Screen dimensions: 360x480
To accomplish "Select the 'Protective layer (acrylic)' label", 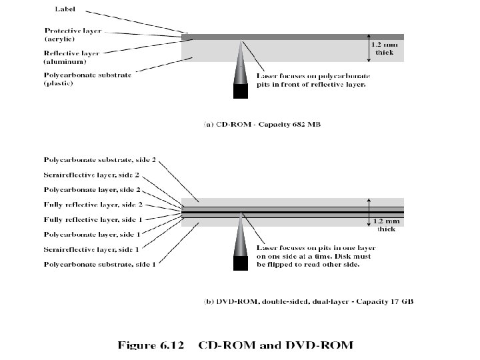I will click(x=73, y=35).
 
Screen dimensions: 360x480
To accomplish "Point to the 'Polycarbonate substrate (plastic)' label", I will click(x=87, y=79).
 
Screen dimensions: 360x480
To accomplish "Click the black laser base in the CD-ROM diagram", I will click(x=241, y=91).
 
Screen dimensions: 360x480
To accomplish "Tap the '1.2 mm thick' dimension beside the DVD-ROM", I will click(x=386, y=224).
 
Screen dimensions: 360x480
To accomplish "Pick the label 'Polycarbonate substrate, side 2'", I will click(x=99, y=160).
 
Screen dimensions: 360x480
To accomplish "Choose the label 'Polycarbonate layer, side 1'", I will click(x=91, y=235).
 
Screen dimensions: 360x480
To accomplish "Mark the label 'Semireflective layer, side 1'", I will click(x=91, y=249).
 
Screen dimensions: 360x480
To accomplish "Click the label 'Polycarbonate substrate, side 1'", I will click(x=99, y=264).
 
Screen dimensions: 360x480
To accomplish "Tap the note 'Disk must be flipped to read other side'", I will click(x=311, y=260).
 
